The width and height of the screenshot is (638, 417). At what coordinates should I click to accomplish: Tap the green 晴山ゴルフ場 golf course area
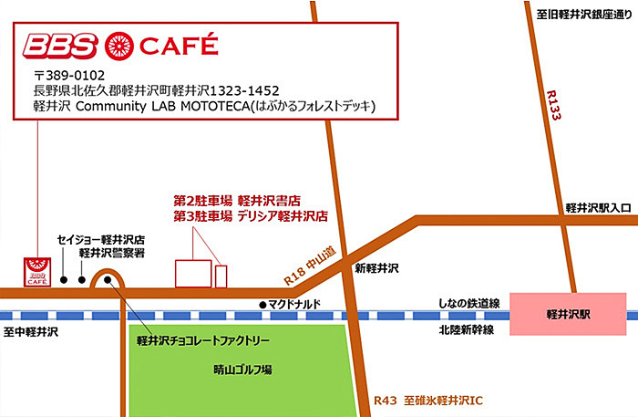(242, 370)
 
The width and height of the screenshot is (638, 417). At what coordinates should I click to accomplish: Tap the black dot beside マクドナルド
(262, 304)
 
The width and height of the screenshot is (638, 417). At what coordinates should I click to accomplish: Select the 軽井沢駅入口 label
(597, 208)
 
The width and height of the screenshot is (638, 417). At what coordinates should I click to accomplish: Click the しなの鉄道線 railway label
(469, 304)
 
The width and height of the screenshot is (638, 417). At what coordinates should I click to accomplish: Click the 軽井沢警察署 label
(114, 253)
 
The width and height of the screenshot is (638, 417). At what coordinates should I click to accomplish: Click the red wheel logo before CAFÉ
(119, 45)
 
